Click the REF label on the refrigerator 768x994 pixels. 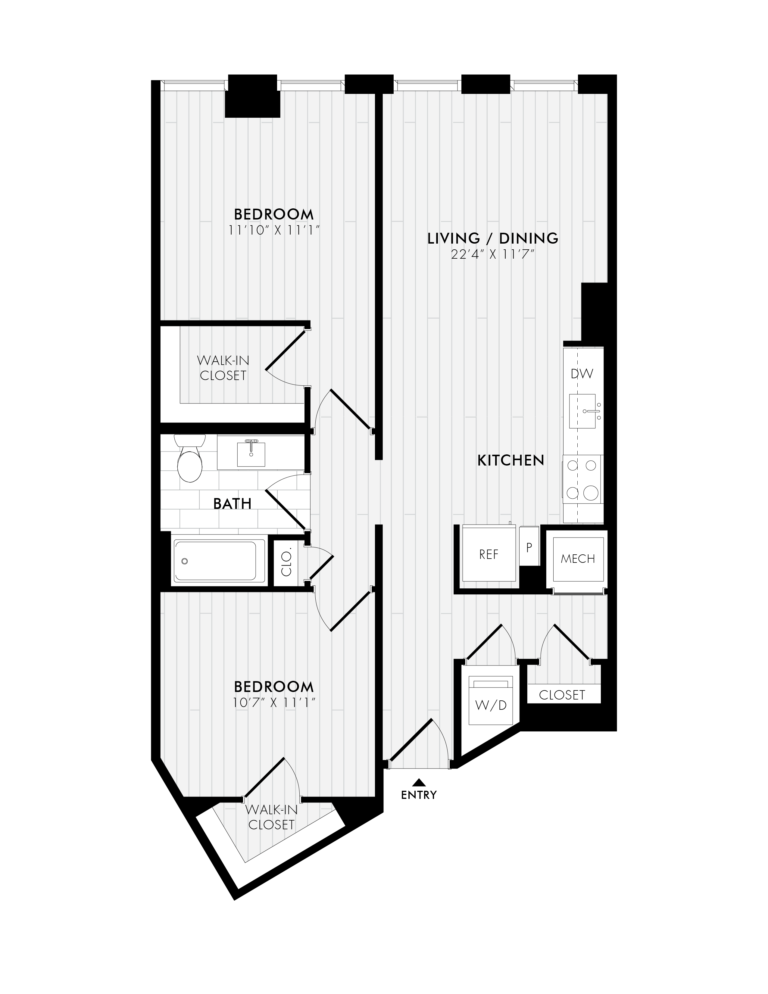(x=489, y=554)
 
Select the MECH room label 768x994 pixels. (x=578, y=559)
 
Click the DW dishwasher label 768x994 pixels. (x=582, y=374)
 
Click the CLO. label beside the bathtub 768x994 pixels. (x=286, y=563)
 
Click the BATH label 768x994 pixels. (x=232, y=504)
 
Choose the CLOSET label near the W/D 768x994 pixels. (x=562, y=695)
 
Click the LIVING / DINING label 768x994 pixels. (x=493, y=238)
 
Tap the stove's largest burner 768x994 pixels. (x=591, y=492)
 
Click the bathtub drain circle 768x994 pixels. (x=184, y=561)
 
